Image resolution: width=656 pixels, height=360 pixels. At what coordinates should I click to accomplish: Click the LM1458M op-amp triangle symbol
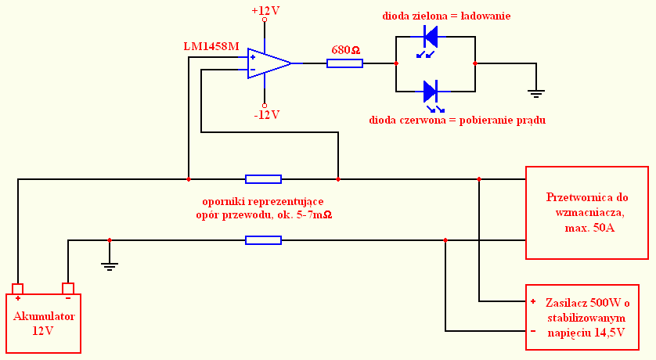[269, 63]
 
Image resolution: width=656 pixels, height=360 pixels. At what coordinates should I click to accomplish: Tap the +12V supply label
[265, 11]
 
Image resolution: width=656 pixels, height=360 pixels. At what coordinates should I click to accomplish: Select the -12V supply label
[266, 114]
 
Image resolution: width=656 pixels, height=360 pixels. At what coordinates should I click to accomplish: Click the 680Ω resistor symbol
[344, 63]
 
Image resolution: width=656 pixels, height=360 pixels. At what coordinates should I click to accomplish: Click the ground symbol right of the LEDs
[536, 93]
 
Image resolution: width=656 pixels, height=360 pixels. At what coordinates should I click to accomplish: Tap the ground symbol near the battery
[109, 266]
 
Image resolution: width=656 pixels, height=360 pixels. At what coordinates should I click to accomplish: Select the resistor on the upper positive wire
[263, 179]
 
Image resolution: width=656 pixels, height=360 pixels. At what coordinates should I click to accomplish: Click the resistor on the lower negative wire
[263, 240]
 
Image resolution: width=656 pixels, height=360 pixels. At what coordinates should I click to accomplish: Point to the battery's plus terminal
[17, 289]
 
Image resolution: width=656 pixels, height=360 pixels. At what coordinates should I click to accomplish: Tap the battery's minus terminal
[68, 289]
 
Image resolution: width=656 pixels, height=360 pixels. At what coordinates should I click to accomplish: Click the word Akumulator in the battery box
[44, 316]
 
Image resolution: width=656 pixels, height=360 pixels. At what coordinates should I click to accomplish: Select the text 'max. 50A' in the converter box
[589, 229]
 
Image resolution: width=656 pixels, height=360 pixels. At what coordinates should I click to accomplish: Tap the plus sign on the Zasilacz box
[533, 301]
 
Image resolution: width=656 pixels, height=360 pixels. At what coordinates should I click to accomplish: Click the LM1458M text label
[211, 46]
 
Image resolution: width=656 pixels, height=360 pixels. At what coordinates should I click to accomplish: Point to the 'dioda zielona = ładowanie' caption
[446, 16]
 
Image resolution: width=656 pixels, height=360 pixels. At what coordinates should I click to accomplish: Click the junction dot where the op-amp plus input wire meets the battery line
[189, 179]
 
